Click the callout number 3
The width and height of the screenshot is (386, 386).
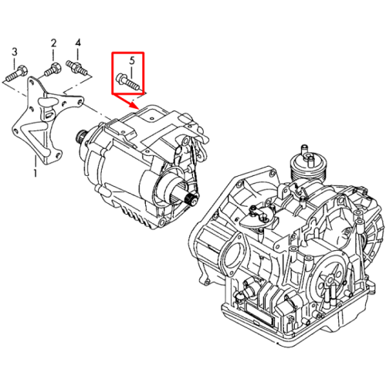[15, 52]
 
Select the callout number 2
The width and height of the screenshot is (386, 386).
[53, 43]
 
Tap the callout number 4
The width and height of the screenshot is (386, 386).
[78, 42]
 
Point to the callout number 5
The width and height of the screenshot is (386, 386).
[132, 61]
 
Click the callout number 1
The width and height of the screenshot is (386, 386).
[36, 172]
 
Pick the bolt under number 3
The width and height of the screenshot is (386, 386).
[16, 73]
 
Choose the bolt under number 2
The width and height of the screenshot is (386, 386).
[52, 69]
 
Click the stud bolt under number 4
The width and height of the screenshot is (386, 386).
[77, 68]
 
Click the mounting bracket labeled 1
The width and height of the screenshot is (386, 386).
[46, 121]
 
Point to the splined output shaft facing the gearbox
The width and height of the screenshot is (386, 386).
[189, 199]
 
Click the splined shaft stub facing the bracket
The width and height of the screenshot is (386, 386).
[80, 136]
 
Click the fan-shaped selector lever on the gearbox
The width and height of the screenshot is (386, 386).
[257, 217]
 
